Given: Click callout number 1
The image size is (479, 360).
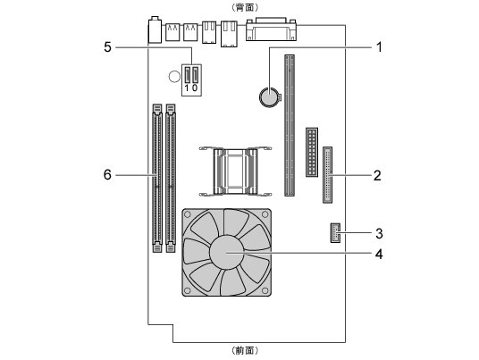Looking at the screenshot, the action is point(379,47).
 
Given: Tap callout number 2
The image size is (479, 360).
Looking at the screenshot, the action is point(378,176).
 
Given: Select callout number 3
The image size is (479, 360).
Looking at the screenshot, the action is point(379,233).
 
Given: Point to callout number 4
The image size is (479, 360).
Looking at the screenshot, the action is point(379,254).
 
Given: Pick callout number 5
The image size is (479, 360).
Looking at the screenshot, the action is point(107,47).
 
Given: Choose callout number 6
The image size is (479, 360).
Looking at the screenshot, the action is point(107,175).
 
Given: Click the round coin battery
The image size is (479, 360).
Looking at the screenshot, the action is point(270,97).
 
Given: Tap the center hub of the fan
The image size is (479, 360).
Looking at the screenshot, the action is point(226,253).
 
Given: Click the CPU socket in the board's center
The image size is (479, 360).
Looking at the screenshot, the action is point(235,172).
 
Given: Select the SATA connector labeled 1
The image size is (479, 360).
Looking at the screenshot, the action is point(188,75).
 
